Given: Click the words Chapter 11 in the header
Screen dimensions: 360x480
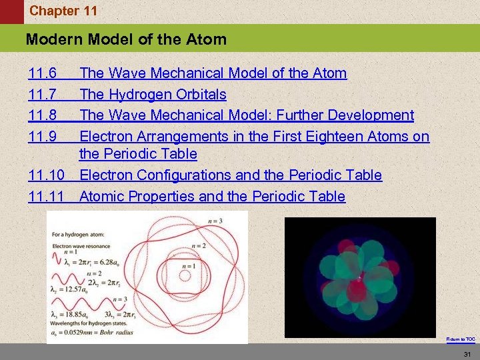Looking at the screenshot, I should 63,11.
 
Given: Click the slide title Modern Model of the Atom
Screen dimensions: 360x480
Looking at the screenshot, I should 126,39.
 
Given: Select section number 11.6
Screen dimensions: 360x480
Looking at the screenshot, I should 43,73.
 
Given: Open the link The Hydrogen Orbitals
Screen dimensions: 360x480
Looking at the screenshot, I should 153,95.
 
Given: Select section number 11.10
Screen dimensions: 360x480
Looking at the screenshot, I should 46,175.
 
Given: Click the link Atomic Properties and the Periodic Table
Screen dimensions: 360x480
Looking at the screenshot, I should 212,197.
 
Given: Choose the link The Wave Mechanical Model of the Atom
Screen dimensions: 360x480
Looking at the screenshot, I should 213,73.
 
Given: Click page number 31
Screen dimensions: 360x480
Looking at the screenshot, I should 467,353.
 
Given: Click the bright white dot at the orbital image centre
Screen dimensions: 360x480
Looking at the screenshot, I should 360,276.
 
